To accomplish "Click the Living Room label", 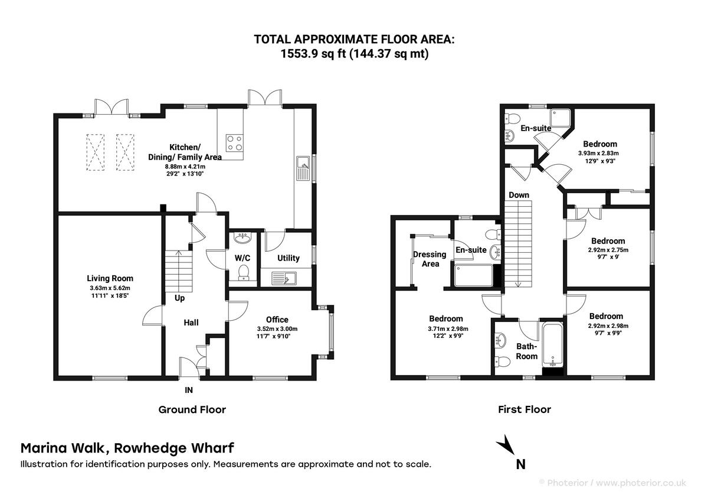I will point(110,278).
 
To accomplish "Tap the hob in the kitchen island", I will point(234,143).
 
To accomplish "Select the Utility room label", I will point(289,258).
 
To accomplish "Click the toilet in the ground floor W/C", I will point(242,272).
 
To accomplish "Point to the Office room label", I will point(277,320).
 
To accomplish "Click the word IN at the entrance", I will point(189,390).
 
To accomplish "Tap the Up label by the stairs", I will point(179,298).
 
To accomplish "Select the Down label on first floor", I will point(519,195).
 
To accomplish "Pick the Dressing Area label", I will point(430,259).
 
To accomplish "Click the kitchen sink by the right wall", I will point(303,168).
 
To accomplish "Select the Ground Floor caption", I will point(192,409).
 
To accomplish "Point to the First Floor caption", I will point(525,409).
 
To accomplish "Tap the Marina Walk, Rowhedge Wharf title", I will point(127,448).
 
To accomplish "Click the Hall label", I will point(191,323).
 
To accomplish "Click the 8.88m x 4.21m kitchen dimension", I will point(185,167).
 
